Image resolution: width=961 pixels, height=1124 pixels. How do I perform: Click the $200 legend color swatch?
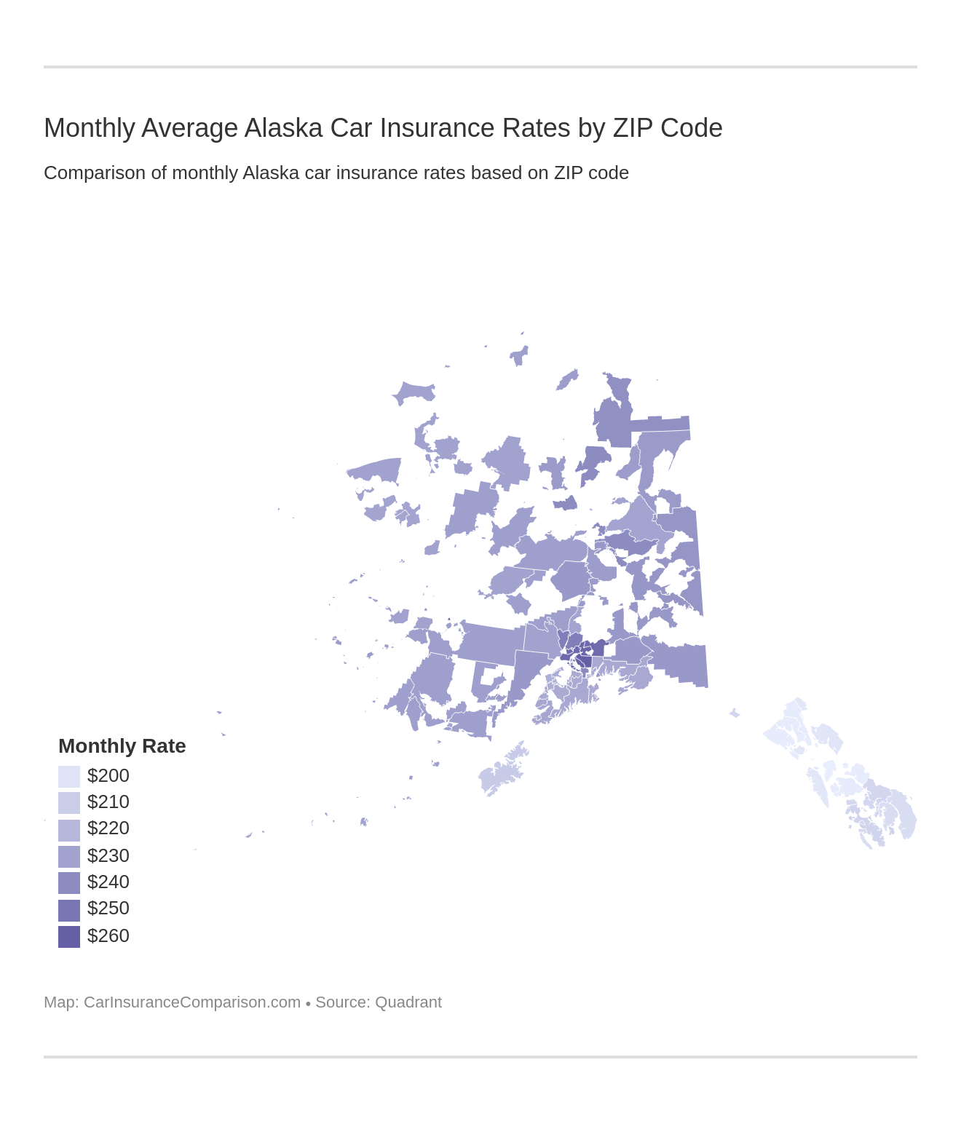click(69, 776)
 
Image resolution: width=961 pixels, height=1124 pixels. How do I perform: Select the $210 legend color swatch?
click(69, 802)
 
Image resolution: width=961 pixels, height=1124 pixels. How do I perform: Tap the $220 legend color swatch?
click(69, 829)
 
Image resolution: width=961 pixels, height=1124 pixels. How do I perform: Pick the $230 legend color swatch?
click(69, 856)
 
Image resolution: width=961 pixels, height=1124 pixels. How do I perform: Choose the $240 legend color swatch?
click(69, 882)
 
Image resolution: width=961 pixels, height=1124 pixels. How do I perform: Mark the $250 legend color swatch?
click(69, 909)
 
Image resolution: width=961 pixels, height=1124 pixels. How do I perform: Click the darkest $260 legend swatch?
click(69, 936)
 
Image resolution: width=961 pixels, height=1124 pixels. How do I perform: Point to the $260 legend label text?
click(108, 935)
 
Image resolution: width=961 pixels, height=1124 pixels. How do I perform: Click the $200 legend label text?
click(108, 775)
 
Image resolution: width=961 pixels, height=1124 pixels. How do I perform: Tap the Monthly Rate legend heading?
click(122, 746)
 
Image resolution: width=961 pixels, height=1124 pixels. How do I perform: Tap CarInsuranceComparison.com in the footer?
click(191, 1002)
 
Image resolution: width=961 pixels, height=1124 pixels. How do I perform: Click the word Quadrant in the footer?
click(408, 1002)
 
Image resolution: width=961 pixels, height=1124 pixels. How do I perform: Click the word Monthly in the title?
click(89, 128)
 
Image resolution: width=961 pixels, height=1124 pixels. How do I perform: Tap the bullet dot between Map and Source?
click(308, 1003)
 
